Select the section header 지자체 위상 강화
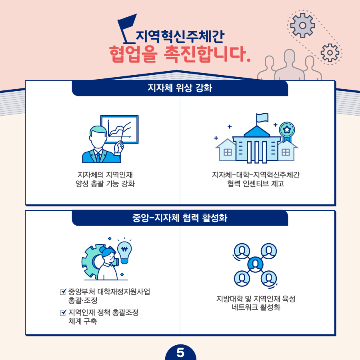pyautogui.click(x=180, y=88)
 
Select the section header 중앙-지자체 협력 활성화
pyautogui.click(x=180, y=218)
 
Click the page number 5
pyautogui.click(x=180, y=353)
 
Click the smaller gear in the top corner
pyautogui.click(x=330, y=52)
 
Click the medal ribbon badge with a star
pyautogui.click(x=287, y=131)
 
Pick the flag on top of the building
pyautogui.click(x=262, y=117)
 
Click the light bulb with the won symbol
pyautogui.click(x=124, y=251)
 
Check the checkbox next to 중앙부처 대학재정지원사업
pyautogui.click(x=62, y=292)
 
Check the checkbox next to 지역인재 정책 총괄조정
pyautogui.click(x=62, y=313)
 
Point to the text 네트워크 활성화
pyautogui.click(x=256, y=308)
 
